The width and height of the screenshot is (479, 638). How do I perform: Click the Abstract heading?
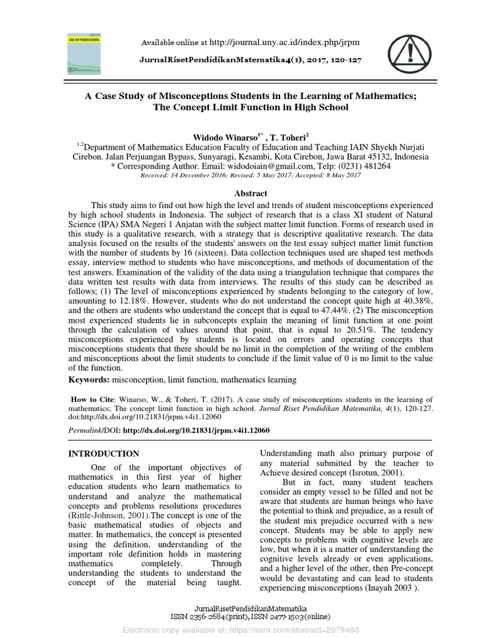[250, 193]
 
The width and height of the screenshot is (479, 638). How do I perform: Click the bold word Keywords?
[89, 379]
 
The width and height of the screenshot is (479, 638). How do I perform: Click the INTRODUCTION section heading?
[104, 454]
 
